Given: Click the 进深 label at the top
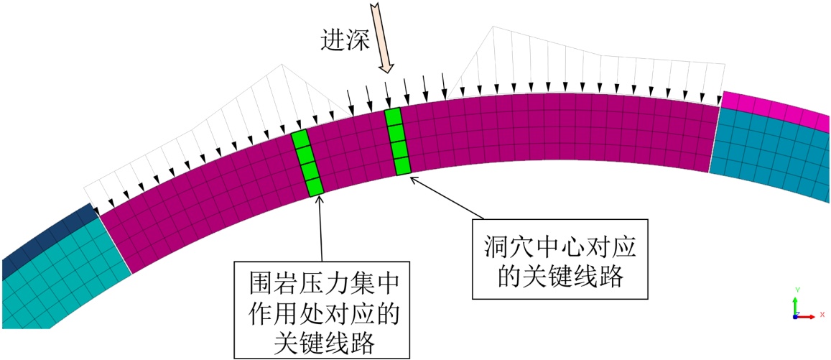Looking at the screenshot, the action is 345,40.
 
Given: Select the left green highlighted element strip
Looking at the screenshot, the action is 308,163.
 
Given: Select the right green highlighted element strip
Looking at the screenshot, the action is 398,142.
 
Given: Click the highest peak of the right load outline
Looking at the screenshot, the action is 493,27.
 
